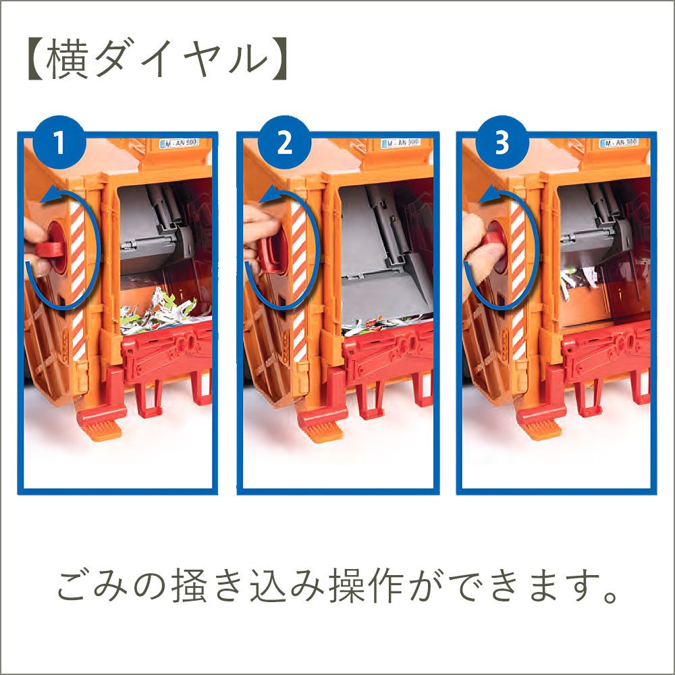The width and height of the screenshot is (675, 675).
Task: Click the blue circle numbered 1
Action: [60, 144]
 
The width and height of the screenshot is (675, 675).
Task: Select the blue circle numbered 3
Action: [500, 144]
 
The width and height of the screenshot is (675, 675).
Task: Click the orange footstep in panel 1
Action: [100, 425]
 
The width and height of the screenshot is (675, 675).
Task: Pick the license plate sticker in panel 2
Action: [400, 143]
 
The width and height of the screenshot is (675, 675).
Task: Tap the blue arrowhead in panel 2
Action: [266, 196]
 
